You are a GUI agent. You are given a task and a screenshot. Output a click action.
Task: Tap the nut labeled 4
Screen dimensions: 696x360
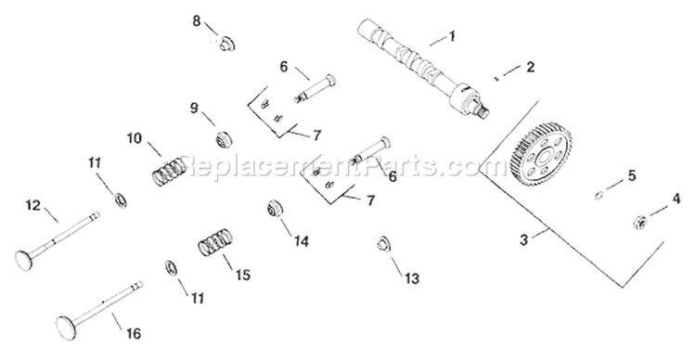click(x=638, y=220)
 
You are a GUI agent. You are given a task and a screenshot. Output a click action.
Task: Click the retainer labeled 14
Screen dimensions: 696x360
click(x=276, y=211)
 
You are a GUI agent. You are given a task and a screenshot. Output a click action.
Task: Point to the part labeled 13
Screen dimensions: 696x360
click(x=380, y=245)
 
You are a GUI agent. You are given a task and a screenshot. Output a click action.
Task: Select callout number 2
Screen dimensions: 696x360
click(x=530, y=67)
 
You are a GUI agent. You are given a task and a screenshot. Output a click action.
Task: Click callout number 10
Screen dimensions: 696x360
click(x=135, y=139)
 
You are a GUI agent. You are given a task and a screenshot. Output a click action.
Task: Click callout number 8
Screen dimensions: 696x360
click(x=196, y=19)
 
